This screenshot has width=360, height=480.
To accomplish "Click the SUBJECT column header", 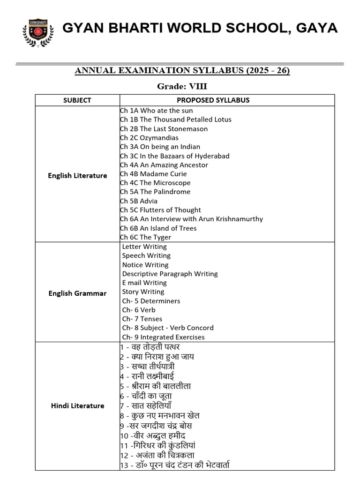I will [x=77, y=100].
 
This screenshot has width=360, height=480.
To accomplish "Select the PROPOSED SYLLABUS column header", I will [x=213, y=100].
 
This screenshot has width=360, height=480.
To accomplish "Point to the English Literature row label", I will [x=77, y=176].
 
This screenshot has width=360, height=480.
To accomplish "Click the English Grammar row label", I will [x=77, y=293].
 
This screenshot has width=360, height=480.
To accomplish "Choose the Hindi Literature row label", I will [x=77, y=406].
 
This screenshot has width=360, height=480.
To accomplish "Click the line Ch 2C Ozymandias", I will [x=149, y=138].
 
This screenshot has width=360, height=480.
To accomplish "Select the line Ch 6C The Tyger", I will [x=145, y=237].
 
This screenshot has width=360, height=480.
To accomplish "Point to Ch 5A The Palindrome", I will [x=155, y=192].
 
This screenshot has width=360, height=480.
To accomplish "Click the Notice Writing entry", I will [x=145, y=265].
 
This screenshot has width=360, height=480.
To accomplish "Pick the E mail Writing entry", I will [x=144, y=283].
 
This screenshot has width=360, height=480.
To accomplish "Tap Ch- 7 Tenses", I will [x=142, y=319].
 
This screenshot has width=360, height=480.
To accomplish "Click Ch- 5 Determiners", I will [x=151, y=301].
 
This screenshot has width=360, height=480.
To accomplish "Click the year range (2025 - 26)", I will [x=269, y=71].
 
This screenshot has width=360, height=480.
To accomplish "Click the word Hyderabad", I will [x=208, y=156].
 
